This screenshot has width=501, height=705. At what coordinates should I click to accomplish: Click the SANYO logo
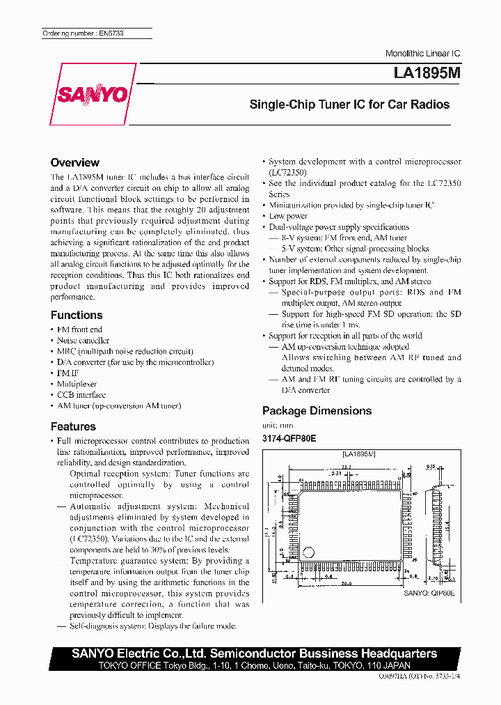coord(93,94)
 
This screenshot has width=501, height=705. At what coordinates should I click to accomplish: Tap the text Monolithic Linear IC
coord(423,54)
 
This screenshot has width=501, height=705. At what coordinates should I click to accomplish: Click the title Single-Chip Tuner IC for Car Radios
coord(349,104)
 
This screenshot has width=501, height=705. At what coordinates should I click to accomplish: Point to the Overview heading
coord(74,162)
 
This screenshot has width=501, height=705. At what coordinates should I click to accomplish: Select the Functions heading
coord(77,315)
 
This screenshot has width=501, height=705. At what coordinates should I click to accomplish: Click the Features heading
coord(73,426)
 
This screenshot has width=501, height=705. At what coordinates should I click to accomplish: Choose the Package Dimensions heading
coord(317,410)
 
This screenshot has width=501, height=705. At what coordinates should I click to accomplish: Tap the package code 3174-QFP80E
coord(289,438)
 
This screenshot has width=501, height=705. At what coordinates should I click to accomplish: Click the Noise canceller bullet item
coord(83,341)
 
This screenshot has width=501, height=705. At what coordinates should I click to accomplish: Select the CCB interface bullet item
coord(81,395)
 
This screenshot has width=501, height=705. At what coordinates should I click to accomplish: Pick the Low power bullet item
coord(288,216)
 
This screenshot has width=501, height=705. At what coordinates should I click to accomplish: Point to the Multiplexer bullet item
coord(77,384)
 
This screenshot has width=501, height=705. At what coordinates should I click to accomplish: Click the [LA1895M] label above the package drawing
coord(358,454)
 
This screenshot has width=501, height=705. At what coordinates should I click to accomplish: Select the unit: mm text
coord(278,425)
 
